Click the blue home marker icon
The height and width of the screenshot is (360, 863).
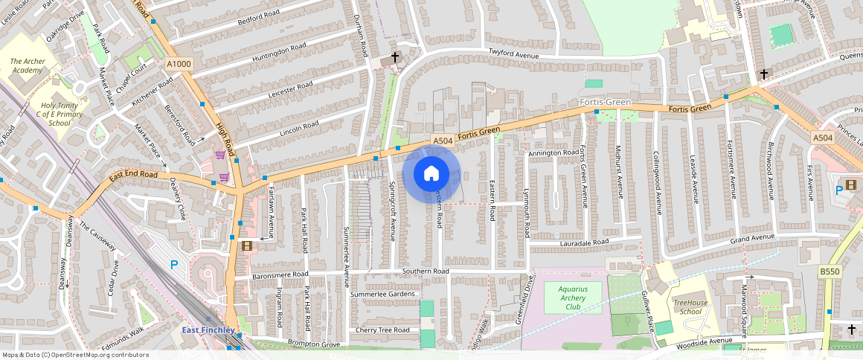pos(431,174)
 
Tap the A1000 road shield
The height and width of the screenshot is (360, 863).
pos(179,65)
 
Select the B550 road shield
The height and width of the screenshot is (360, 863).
pos(829,273)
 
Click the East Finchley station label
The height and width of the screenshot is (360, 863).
pos(208,330)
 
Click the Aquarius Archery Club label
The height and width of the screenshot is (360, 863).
pos(572,298)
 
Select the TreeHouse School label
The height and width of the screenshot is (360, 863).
pos(687,306)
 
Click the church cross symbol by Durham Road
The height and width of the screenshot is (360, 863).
pos(395,57)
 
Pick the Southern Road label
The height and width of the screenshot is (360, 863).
pos(426,271)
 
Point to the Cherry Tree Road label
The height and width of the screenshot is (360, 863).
pos(382,330)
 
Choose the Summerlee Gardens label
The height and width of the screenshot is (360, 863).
pos(382,295)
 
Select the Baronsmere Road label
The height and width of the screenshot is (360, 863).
pos(280,274)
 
